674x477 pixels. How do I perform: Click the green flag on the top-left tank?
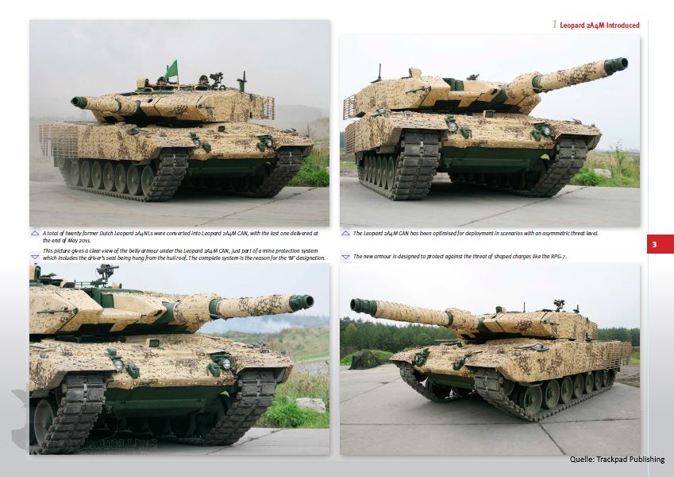pos(172,70)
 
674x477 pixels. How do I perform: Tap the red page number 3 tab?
pos(660,244)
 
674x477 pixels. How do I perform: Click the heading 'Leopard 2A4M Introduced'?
pos(599,25)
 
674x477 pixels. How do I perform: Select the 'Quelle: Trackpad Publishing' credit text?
pos(617,460)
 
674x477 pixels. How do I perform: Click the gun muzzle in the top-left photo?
pos(79,103)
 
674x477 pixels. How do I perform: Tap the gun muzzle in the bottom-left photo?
pos(302,302)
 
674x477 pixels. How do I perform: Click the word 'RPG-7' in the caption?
pos(558,257)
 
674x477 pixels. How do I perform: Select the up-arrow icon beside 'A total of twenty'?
pos(35,234)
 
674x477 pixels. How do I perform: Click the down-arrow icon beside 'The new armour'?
pos(345,257)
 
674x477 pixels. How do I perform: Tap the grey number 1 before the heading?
pos(554,25)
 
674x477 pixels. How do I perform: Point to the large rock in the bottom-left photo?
pos(310,405)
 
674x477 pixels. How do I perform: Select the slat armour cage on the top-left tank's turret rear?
pos(263,108)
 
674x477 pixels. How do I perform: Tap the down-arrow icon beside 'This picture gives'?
pos(35,257)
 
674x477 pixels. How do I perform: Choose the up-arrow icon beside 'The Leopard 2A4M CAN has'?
pos(345,234)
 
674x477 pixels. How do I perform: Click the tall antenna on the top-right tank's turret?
pos(379,73)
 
